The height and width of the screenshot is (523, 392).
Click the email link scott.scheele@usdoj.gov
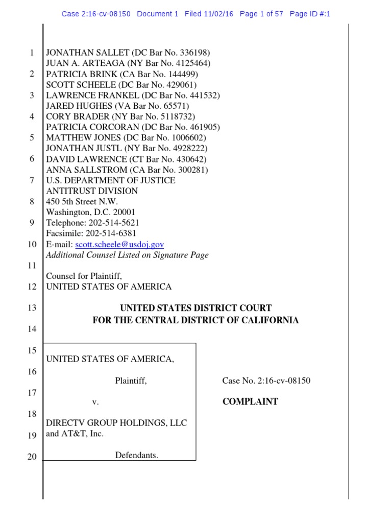coord(119,245)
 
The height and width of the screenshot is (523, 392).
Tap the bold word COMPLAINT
coord(250,401)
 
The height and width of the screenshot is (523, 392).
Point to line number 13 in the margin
coord(32,308)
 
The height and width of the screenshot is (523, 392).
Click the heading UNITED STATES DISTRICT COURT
coord(195,308)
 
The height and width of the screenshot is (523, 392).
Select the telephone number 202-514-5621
coord(113,223)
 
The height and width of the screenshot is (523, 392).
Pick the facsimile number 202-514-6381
coord(111,234)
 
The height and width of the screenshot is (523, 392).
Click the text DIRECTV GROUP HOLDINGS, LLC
coord(116,423)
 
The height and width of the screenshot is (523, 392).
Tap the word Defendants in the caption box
coord(136,455)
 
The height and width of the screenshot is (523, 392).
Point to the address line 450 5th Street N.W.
coord(82,202)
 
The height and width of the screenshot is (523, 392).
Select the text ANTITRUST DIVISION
coord(92,191)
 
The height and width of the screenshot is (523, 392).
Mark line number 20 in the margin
coord(32,457)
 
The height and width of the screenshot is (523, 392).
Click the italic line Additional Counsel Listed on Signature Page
coord(127,255)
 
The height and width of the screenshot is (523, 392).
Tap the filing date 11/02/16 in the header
coord(217,14)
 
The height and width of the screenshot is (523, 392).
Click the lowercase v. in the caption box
coord(95,402)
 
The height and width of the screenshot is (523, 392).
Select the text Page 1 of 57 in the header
coord(261,14)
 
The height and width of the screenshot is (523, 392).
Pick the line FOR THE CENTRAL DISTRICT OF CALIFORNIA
coord(195,320)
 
